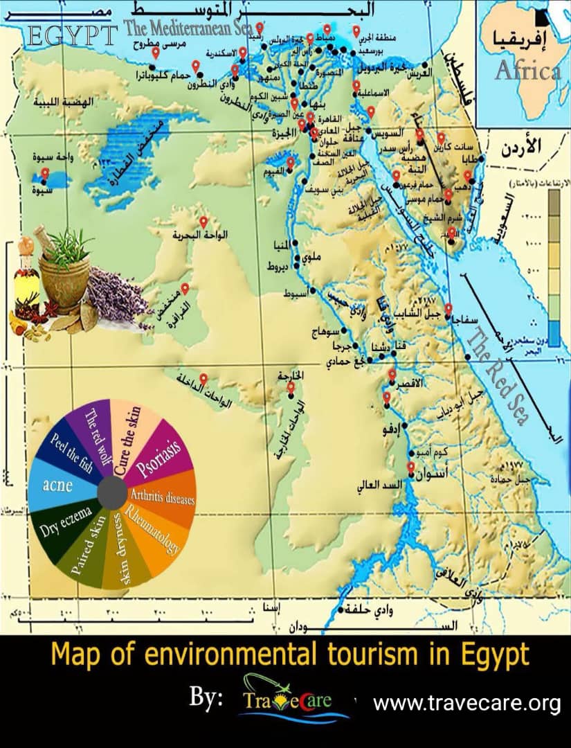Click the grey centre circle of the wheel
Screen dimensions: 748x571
click(111, 492)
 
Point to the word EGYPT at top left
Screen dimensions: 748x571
click(73, 36)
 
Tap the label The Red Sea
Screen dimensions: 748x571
click(498, 377)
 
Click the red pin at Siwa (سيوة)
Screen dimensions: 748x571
click(45, 173)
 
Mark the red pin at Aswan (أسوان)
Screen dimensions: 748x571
click(410, 467)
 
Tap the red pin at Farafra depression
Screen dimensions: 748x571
click(185, 289)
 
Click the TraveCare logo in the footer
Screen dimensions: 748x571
click(295, 702)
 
